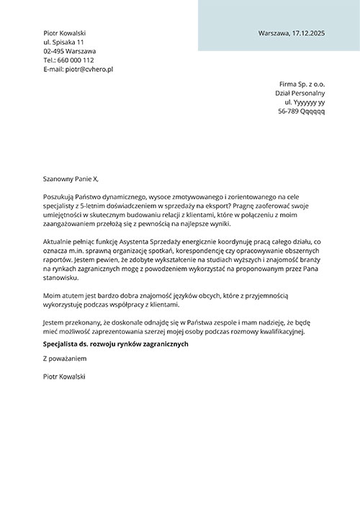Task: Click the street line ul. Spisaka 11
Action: pyautogui.click(x=63, y=42)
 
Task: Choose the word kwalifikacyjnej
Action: pyautogui.click(x=282, y=331)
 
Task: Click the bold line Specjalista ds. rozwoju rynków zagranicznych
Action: pyautogui.click(x=115, y=344)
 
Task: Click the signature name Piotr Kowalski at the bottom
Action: pyautogui.click(x=64, y=376)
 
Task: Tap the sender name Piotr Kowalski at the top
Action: pyautogui.click(x=64, y=34)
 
